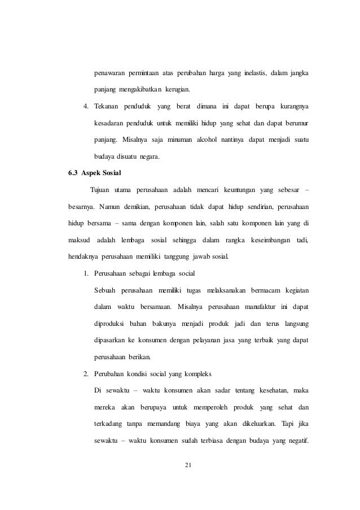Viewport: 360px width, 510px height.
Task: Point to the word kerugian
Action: [x=175, y=90]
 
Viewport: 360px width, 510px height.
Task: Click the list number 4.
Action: [x=86, y=106]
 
